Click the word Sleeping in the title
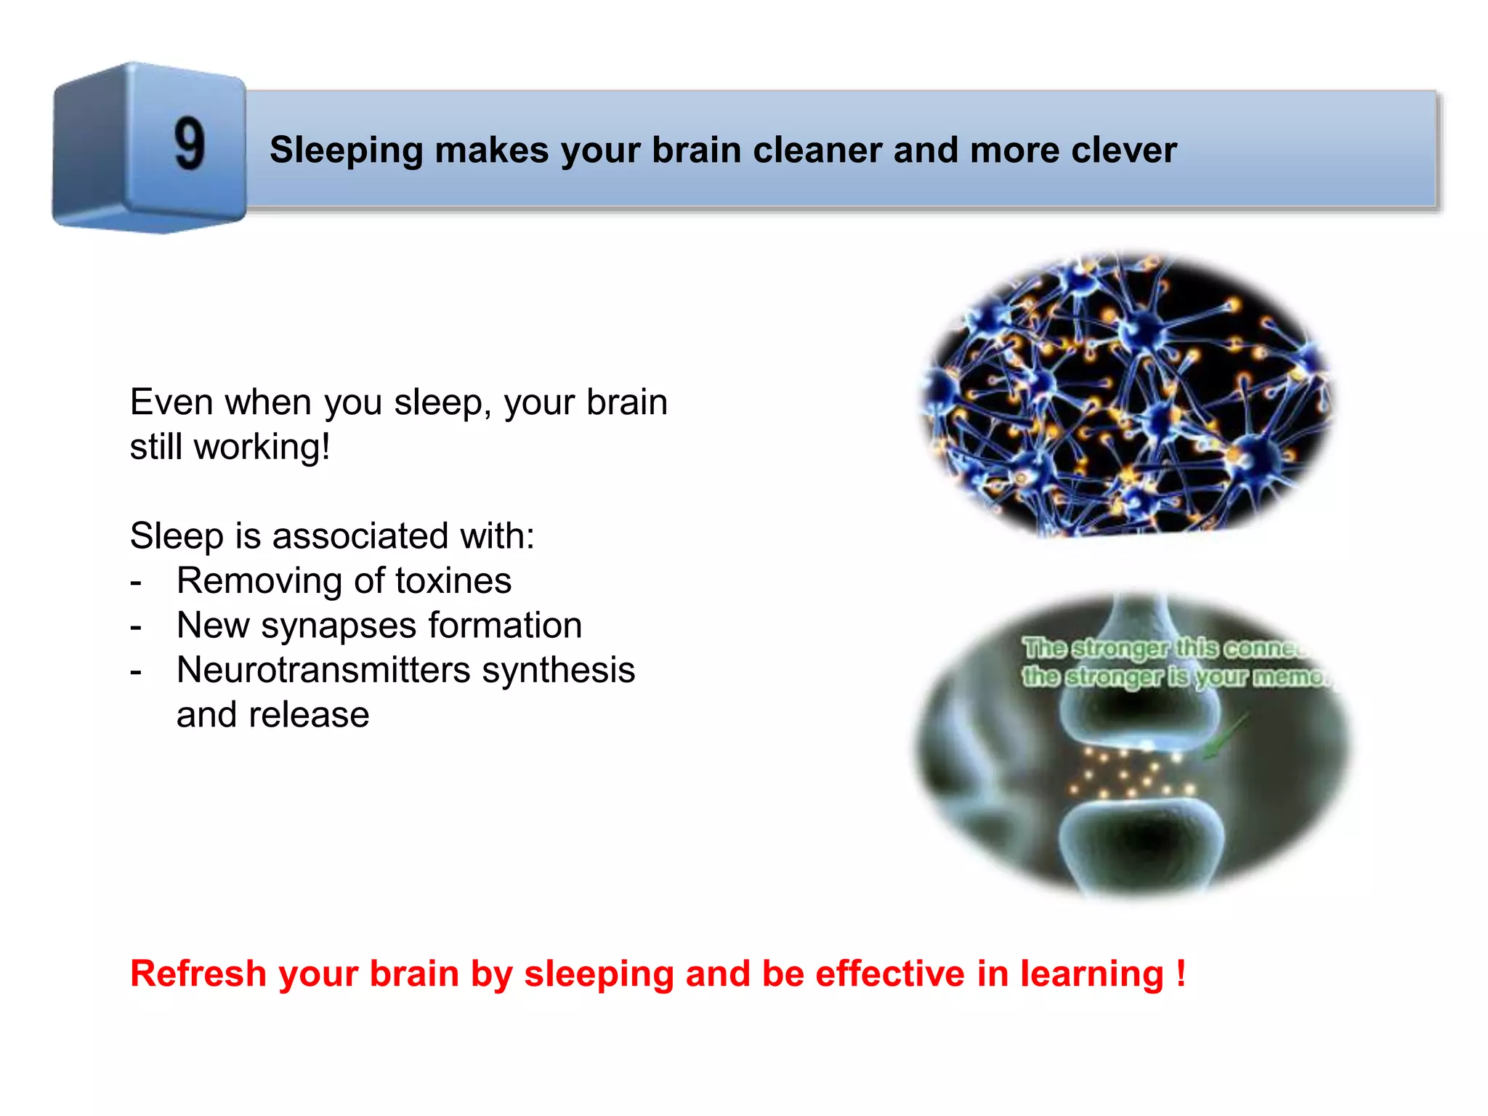(346, 151)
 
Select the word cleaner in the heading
(817, 150)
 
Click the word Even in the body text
(171, 402)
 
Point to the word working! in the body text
(262, 447)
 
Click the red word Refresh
(198, 974)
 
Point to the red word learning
(1092, 974)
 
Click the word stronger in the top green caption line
(1120, 647)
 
